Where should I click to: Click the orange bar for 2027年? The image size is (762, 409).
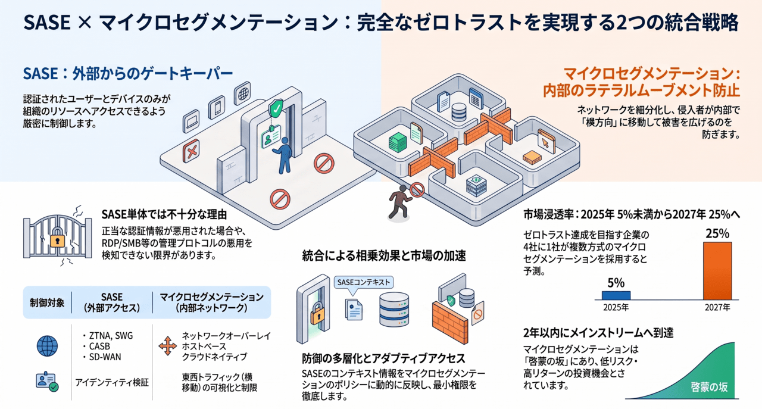point(717,271)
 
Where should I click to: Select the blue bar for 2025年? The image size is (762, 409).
point(616,295)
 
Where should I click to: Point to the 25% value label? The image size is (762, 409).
point(717,233)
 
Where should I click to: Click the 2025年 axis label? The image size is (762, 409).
point(616,308)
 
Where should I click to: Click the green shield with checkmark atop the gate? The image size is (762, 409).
point(276,108)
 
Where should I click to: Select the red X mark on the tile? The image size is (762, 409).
point(191,151)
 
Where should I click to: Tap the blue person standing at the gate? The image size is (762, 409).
point(283,155)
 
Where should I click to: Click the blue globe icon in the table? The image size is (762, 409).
point(47,346)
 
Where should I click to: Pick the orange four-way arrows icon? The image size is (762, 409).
point(168,346)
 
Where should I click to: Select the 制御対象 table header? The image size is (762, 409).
point(47,302)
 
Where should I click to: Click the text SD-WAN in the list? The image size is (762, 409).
point(105,357)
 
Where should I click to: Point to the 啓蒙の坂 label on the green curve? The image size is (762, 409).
point(709,387)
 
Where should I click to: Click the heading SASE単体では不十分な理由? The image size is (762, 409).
point(164,215)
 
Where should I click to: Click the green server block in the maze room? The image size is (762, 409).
point(397,142)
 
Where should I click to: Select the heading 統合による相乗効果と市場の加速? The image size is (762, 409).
point(384,256)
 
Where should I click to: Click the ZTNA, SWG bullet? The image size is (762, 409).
point(108,336)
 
